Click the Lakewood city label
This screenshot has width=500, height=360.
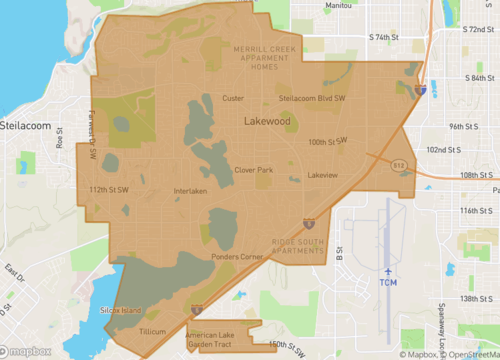click(x=267, y=121)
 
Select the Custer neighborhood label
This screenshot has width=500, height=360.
click(x=232, y=98)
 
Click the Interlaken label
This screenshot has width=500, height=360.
click(x=190, y=191)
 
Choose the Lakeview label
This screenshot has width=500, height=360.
click(x=323, y=175)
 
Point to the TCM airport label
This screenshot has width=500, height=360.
click(x=390, y=284)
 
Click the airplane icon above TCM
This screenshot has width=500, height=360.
click(x=390, y=270)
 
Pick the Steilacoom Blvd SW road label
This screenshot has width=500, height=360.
click(x=311, y=98)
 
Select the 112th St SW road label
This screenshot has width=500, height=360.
click(x=109, y=188)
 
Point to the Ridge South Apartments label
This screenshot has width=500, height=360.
click(x=299, y=245)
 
